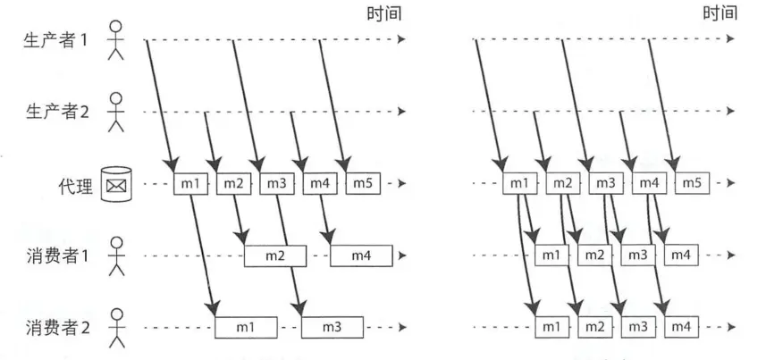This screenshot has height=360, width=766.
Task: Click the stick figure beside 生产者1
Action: point(114,39)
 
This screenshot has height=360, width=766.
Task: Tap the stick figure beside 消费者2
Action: point(114,327)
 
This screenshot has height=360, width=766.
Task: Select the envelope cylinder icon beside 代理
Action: point(114,184)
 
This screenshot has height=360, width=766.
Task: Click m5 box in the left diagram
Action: point(363,184)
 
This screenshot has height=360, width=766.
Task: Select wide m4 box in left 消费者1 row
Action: point(362,256)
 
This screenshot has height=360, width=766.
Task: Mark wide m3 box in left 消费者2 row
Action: point(332,328)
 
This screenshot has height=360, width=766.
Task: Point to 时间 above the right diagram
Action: point(720,13)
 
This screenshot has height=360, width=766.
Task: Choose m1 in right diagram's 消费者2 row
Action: point(553,328)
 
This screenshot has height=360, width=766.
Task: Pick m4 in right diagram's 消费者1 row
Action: point(681,256)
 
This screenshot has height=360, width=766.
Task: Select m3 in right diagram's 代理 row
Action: point(605,184)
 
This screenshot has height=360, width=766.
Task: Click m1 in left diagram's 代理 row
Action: point(189,184)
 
